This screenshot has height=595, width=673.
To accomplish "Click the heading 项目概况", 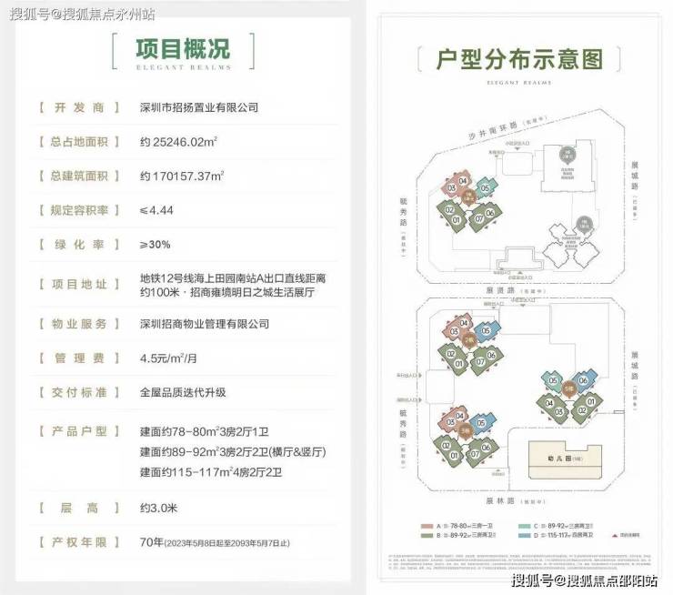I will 182,47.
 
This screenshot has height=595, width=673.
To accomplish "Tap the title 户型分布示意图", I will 520,60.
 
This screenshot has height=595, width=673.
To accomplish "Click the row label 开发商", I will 80,107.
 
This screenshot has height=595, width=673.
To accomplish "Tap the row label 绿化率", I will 80,244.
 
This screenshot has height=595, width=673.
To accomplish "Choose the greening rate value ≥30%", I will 156,244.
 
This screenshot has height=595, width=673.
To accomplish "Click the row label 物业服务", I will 80,323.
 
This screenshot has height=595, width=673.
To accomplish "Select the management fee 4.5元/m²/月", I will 172,358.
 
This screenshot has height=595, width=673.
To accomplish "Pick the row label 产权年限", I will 80,542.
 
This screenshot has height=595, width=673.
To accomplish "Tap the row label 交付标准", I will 80,392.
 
